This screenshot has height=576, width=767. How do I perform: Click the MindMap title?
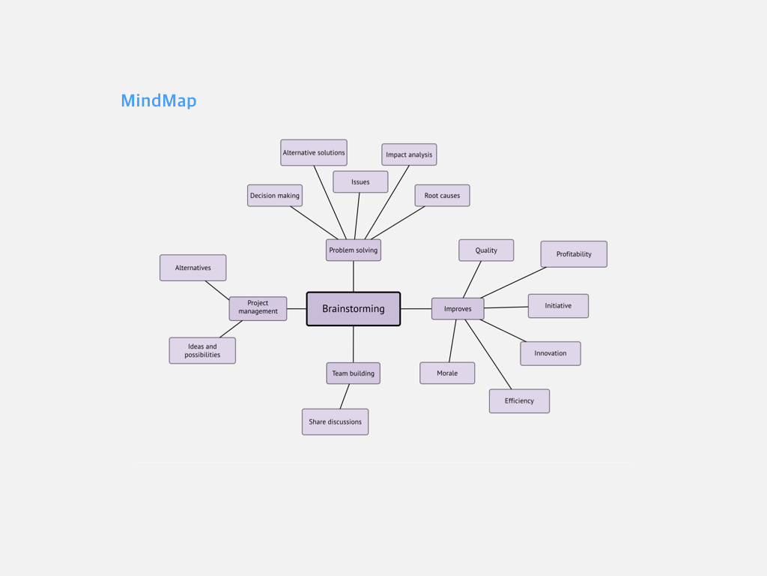tap(159, 100)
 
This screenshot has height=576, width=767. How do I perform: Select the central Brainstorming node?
tap(354, 309)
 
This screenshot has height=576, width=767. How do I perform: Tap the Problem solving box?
tap(354, 250)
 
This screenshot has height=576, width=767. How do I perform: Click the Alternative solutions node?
tap(314, 153)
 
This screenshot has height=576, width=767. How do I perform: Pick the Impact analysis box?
tap(409, 154)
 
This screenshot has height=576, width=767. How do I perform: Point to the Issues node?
tap(360, 181)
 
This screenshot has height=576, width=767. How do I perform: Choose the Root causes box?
tap(442, 196)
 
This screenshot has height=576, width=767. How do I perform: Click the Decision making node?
tap(275, 196)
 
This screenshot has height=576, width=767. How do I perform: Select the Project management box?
tap(258, 308)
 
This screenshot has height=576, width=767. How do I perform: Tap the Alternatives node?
tap(193, 268)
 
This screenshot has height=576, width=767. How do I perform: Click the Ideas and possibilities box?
tap(202, 350)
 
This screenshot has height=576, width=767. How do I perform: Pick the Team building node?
tap(354, 373)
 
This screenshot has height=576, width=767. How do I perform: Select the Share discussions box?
tap(335, 421)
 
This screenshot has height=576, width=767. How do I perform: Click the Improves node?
tap(458, 309)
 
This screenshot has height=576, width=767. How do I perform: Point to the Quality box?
tap(486, 250)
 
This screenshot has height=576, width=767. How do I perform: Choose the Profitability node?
tap(574, 254)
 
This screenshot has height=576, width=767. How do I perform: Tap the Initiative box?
tap(558, 306)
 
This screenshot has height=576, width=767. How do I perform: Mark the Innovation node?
tap(551, 353)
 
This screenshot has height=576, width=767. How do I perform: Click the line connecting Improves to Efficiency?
tap(488, 355)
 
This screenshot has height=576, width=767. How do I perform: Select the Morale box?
tap(447, 373)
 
